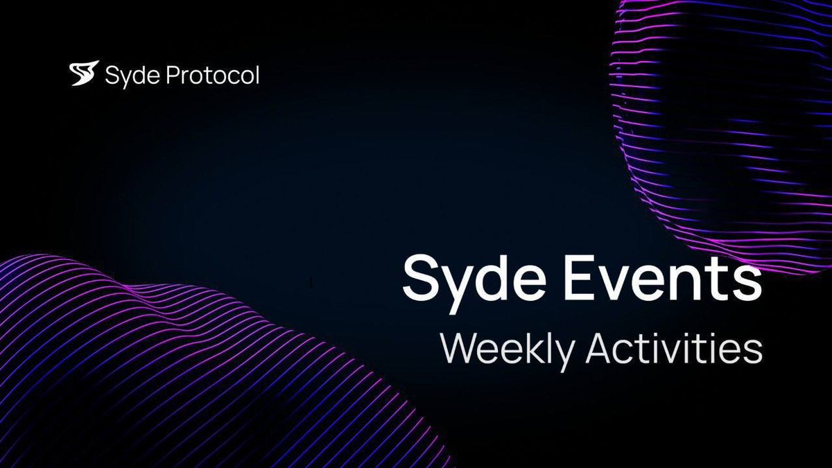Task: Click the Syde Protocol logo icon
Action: point(85,74)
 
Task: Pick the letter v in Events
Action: point(618,279)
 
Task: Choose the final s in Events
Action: point(747,279)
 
